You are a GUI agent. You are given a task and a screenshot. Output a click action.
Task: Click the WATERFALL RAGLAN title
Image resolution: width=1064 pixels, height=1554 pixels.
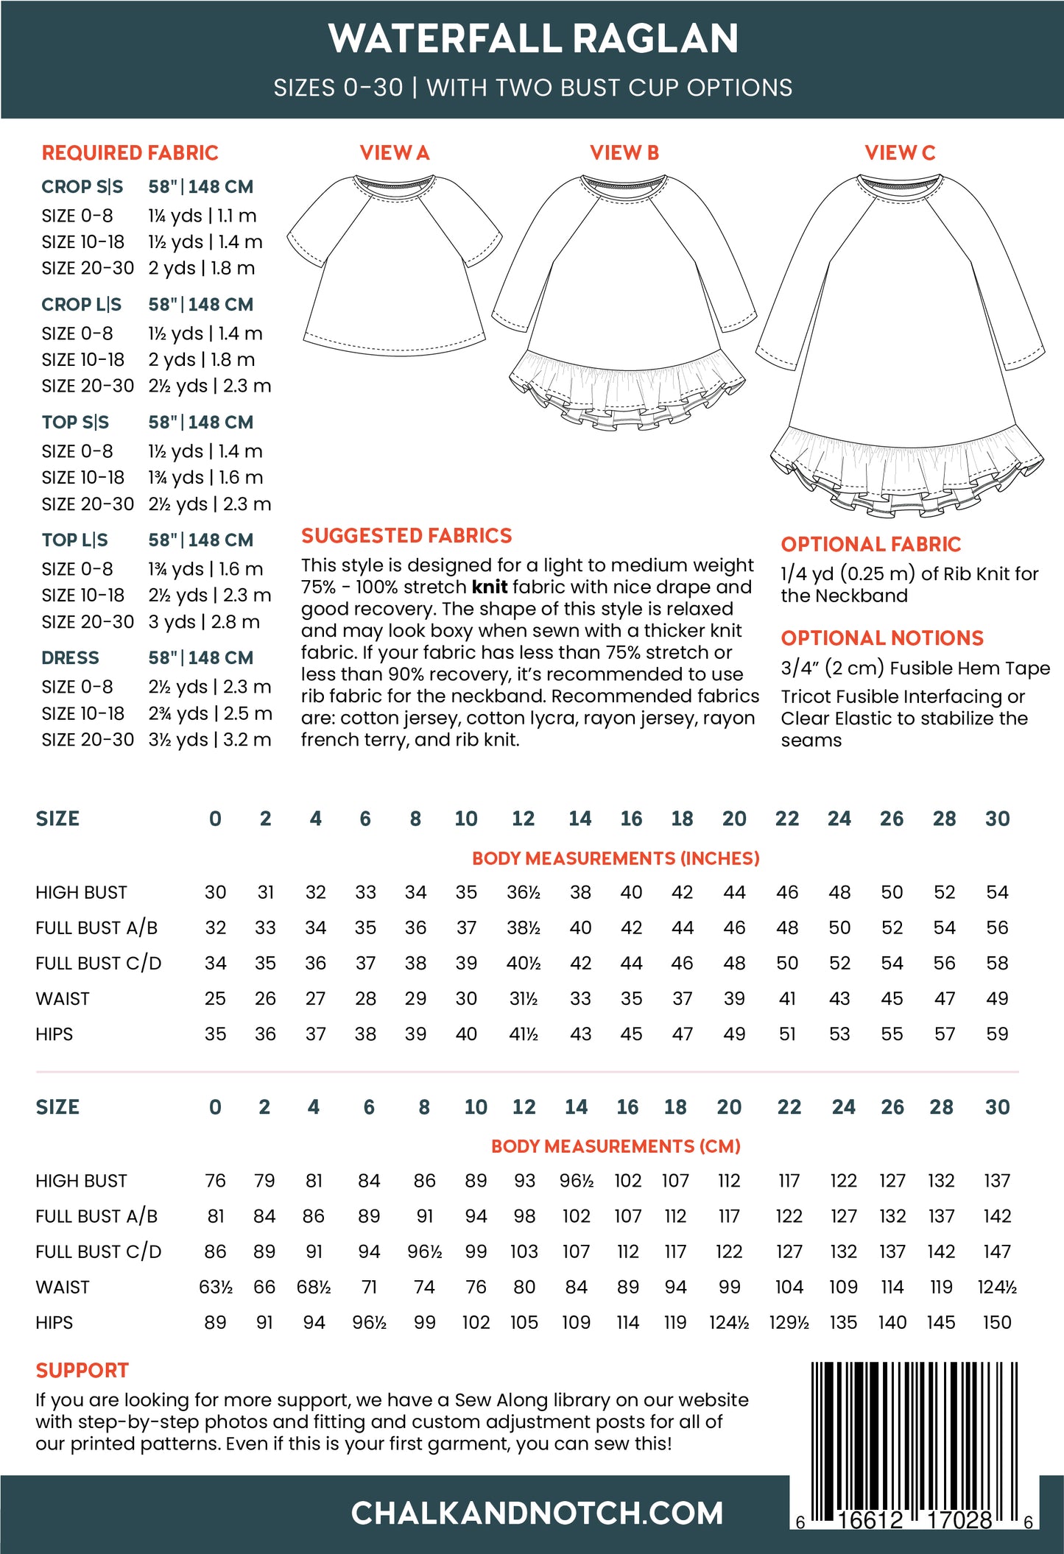[x=533, y=38]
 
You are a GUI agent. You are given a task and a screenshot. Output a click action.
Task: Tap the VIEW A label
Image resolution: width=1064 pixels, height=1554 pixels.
[x=394, y=152]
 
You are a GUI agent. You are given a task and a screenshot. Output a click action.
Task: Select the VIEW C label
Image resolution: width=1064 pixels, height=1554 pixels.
[x=899, y=152]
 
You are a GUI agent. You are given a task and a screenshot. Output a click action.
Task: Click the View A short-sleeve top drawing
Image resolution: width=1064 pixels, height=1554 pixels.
[x=394, y=265]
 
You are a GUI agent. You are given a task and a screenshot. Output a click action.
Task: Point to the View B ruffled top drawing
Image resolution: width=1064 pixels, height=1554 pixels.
[x=624, y=302]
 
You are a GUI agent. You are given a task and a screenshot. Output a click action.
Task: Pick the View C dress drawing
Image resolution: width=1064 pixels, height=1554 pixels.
[x=900, y=346]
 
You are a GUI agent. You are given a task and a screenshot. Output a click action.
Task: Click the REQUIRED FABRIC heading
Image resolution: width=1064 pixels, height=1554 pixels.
[x=130, y=152]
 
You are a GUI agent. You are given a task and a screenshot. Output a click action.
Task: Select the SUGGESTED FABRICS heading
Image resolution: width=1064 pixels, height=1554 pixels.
[x=406, y=535]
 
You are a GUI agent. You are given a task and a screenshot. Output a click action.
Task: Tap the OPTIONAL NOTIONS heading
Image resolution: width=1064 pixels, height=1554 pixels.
[x=882, y=638]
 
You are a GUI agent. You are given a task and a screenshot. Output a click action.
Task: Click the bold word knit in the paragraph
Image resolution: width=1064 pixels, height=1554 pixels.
[x=489, y=587]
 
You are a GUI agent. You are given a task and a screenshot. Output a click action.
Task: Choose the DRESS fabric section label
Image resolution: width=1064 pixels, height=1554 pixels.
[x=70, y=657]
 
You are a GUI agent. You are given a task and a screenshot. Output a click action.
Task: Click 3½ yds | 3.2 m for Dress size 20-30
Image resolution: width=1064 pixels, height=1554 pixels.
[x=210, y=739]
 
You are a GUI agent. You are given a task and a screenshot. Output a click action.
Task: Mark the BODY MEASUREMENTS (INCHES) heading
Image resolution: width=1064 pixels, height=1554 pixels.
[x=616, y=858]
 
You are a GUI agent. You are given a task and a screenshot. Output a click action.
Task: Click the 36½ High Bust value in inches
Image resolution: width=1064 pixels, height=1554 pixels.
[x=523, y=892]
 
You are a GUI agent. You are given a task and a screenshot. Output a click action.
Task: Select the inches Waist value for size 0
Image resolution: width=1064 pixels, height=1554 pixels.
[x=215, y=998]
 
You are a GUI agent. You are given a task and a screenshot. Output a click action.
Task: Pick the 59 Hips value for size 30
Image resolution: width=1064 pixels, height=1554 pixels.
[x=997, y=1034]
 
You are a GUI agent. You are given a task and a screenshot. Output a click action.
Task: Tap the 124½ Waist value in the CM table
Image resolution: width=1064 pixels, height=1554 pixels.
[x=997, y=1287]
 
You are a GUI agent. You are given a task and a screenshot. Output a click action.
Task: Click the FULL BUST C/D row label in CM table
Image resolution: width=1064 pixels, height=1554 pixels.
[x=98, y=1251]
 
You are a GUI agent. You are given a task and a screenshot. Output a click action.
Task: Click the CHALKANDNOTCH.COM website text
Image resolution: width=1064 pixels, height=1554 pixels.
[x=537, y=1513]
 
